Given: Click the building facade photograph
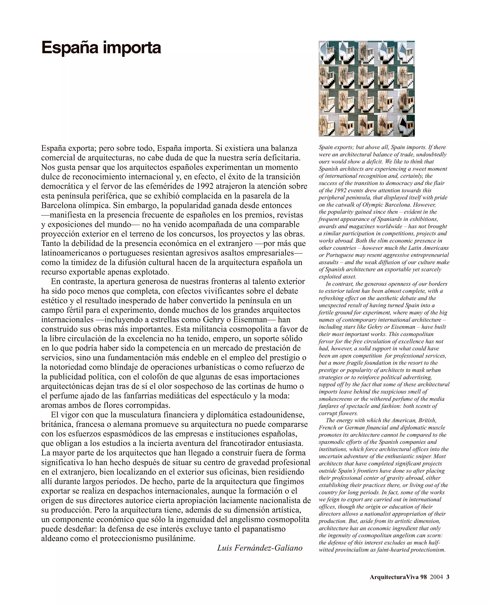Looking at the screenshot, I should pyautogui.click(x=367, y=89).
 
